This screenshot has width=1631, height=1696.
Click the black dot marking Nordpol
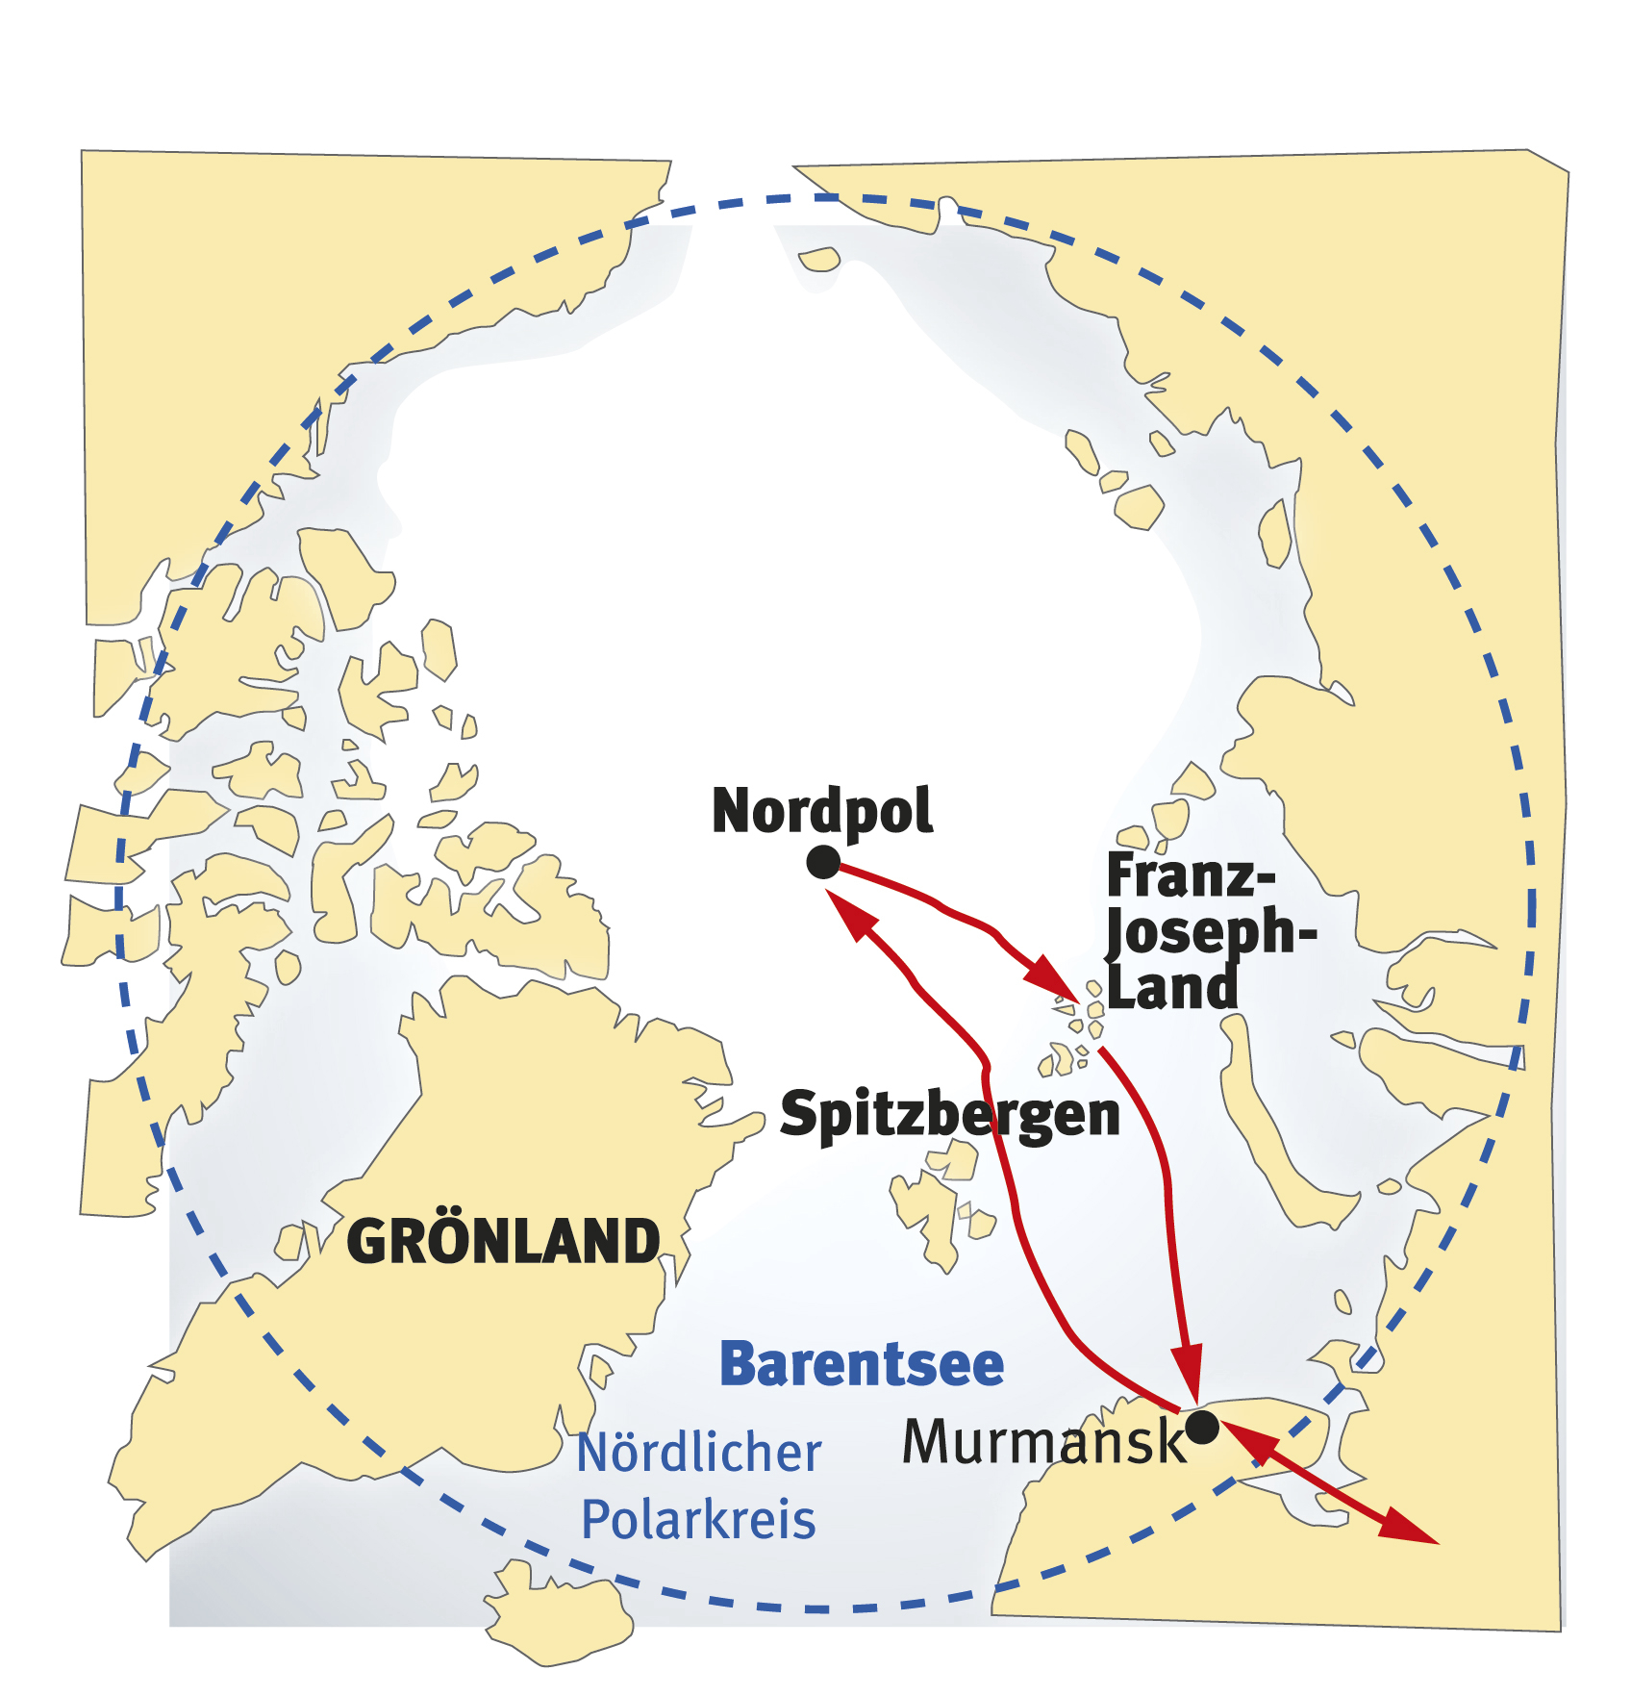823,862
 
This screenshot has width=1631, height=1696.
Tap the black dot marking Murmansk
1202,1428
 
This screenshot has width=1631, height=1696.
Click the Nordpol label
822,811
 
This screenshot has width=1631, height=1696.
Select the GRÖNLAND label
503,1241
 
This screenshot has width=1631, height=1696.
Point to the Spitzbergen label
950,1114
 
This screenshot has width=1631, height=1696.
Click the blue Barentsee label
862,1364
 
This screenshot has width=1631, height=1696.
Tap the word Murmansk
1044,1442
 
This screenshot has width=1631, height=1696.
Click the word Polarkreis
699,1520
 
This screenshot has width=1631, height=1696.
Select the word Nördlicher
699,1453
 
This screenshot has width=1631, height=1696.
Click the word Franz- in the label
1191,876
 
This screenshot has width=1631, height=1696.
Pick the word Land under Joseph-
1171,988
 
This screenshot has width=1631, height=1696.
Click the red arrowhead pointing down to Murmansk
1189,1371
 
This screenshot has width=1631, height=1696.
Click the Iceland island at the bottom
558,1616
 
